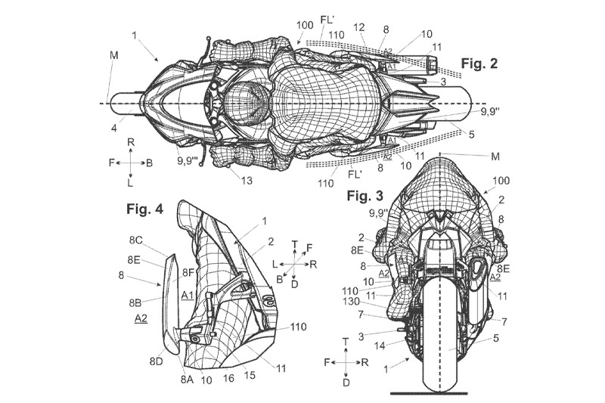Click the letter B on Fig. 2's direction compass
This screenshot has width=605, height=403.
[150, 162]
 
